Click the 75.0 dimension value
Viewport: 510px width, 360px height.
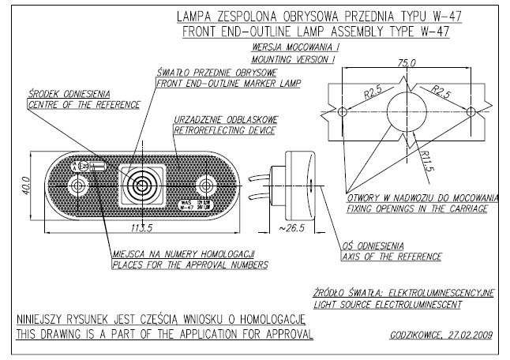tap(407, 62)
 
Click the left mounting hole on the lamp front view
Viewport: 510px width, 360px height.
tap(77, 186)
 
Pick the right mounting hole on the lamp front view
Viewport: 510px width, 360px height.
tap(207, 186)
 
